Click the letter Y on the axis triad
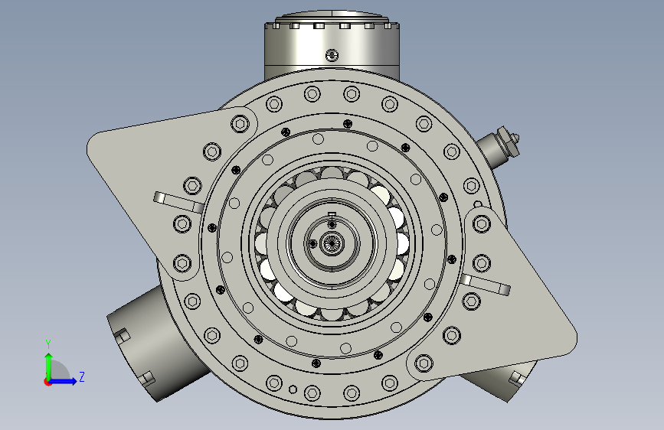point(48,344)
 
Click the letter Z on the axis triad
point(82,376)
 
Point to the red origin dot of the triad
point(47,382)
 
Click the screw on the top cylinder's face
point(332,55)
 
